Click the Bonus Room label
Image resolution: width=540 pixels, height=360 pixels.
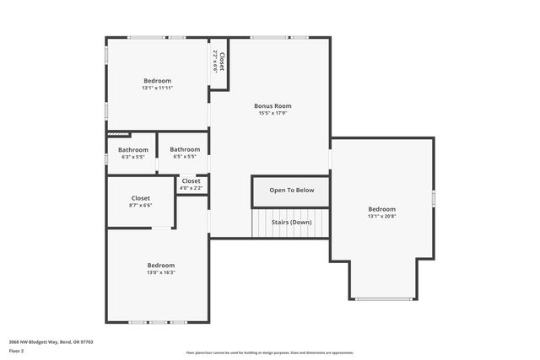(x=273, y=106)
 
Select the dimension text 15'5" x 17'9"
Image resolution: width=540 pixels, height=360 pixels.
(x=273, y=114)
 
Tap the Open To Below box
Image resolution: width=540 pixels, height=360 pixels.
(x=291, y=191)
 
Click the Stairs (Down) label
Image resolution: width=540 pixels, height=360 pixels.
(x=291, y=223)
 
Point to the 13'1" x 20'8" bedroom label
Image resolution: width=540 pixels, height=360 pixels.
(x=381, y=217)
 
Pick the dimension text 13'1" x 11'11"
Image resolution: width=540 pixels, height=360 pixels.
(x=157, y=88)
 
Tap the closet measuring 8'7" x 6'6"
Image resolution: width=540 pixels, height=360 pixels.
(x=140, y=201)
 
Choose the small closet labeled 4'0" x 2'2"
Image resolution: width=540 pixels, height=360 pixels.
(x=192, y=184)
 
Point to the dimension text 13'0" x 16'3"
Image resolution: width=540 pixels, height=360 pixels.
(x=160, y=272)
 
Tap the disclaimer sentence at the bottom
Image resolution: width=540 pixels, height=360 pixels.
(x=269, y=353)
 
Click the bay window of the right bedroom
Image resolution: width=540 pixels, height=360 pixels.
(x=383, y=298)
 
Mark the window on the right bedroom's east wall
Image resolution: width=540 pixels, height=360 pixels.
(x=434, y=198)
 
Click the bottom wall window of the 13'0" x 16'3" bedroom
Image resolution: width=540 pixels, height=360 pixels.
(x=157, y=321)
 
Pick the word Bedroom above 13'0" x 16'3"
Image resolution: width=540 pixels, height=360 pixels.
(x=160, y=265)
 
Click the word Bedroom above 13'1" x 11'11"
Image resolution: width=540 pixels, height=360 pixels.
(x=157, y=81)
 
